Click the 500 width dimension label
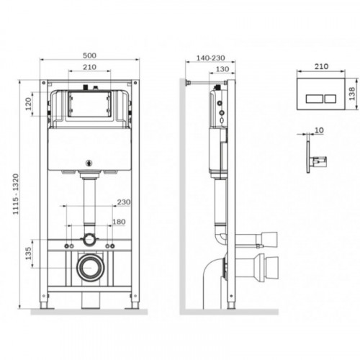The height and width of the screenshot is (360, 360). click(x=89, y=55)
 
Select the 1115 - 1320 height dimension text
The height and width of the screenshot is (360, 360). click(x=16, y=194)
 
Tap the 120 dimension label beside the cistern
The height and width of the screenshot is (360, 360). click(x=29, y=104)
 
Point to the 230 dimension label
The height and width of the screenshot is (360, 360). click(x=124, y=202)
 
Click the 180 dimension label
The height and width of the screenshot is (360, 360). click(x=119, y=222)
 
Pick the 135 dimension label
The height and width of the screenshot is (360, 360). click(x=29, y=253)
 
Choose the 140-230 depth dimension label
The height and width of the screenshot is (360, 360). click(x=210, y=58)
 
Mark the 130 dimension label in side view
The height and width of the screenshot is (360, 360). click(x=222, y=69)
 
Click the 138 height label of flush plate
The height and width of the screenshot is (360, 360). click(x=351, y=94)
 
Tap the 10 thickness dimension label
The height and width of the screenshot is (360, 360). click(x=319, y=130)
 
